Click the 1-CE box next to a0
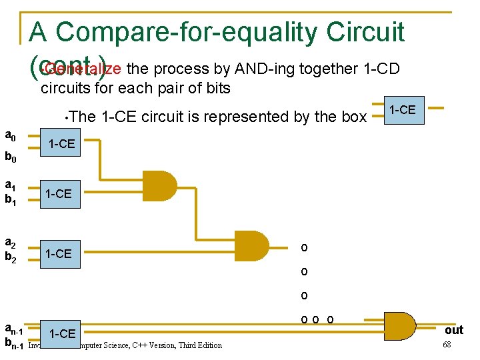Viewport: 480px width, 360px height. coord(61,144)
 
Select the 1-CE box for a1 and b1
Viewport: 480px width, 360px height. coord(58,193)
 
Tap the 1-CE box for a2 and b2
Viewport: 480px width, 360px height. coord(58,253)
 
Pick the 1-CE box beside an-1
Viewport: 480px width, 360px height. coord(63,333)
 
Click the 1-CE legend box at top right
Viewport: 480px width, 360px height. coord(403,109)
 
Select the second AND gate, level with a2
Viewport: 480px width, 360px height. coord(251,246)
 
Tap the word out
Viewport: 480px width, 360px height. coord(454,330)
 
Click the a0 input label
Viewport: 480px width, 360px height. coord(11,135)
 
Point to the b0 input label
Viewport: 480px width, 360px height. coord(11,158)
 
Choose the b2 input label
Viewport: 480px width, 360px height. coord(11,258)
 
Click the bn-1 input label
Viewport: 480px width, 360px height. coord(13,344)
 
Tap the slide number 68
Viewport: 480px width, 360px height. coord(447,344)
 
